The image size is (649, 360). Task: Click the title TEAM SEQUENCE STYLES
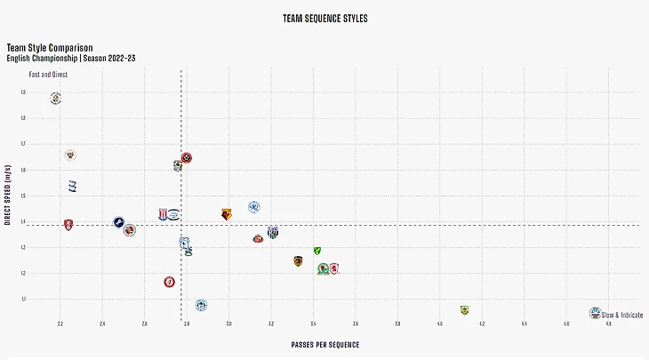coord(324,18)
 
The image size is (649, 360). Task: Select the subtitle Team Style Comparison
coord(50,47)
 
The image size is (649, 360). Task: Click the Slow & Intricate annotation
coord(622,315)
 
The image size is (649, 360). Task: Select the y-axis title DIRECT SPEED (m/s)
coord(7,195)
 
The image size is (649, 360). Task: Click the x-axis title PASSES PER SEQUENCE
coord(325,344)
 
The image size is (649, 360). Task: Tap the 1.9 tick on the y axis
coord(22,92)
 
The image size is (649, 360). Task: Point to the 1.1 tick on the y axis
coord(22,300)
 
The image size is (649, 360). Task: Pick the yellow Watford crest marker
coord(227,214)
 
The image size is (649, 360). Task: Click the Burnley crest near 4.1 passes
coord(464,310)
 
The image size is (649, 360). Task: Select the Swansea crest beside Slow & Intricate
coord(595,313)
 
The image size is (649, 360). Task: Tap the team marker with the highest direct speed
coord(56,98)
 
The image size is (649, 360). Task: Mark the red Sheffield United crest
coord(187,158)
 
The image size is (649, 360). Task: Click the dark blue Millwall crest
coord(118,222)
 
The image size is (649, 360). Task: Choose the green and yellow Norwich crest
coord(316,251)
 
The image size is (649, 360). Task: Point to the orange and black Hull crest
coord(299,260)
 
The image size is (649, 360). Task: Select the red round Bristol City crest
coord(170,282)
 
